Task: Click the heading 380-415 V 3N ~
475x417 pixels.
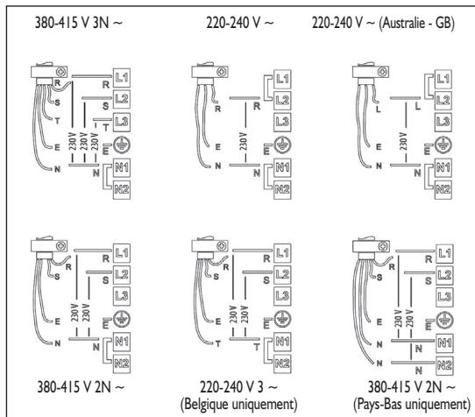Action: click(79, 23)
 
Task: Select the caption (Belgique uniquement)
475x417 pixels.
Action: click(238, 404)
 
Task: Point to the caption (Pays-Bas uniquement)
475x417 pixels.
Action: click(412, 404)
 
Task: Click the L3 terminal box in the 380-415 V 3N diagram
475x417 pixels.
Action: click(122, 122)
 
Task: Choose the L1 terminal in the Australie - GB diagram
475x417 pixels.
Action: click(443, 79)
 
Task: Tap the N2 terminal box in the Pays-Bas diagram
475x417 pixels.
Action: click(444, 366)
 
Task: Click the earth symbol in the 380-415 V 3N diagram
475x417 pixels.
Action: click(122, 145)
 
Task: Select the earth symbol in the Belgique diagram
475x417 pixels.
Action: click(282, 319)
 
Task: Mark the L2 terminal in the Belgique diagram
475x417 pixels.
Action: click(282, 275)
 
